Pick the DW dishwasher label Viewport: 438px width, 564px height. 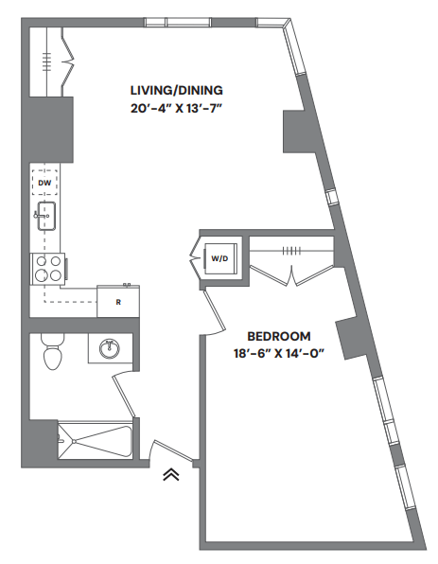[44, 182]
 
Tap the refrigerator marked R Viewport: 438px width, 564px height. [118, 302]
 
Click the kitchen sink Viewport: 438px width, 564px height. [44, 217]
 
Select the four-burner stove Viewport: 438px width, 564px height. [48, 269]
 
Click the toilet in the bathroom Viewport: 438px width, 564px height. [53, 355]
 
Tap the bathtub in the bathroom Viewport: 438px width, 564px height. [96, 441]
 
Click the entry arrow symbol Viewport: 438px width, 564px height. [171, 476]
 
